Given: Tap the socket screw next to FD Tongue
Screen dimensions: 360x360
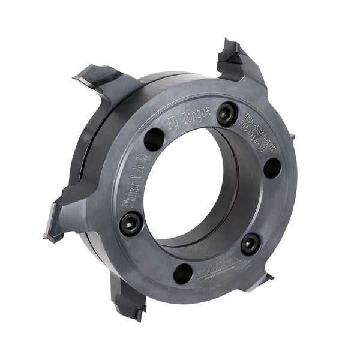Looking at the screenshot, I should [x=226, y=113].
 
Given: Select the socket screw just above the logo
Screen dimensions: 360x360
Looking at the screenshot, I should [x=250, y=243].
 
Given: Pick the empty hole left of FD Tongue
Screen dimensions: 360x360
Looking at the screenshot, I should [x=154, y=139].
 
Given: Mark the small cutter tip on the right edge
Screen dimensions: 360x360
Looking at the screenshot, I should [x=293, y=137].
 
